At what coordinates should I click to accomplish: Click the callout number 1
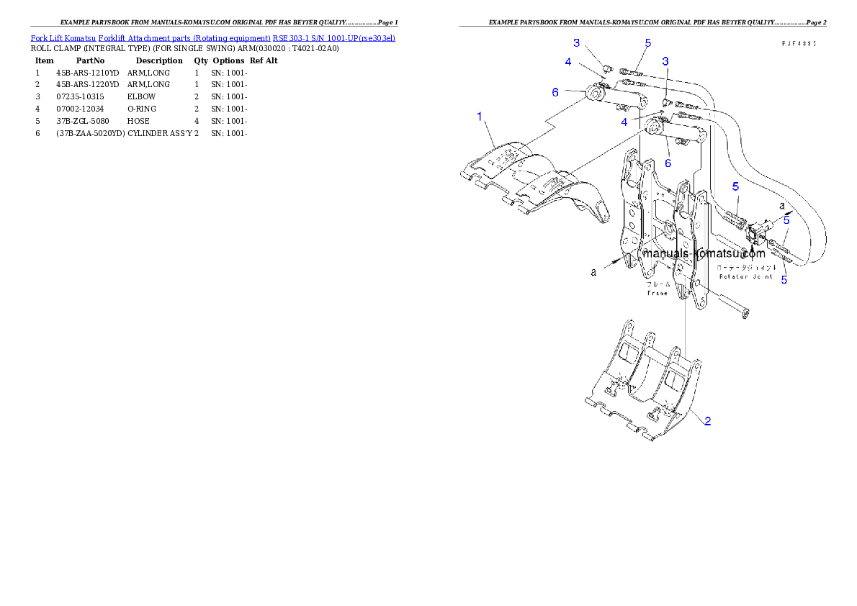480,117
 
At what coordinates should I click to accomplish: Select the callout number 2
707,421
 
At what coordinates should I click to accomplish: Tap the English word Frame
657,293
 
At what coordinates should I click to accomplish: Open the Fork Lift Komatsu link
63,37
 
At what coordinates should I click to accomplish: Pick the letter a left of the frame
593,273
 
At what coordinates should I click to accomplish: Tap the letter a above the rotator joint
782,205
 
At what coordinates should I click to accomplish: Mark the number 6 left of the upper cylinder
555,92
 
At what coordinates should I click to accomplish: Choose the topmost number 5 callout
647,43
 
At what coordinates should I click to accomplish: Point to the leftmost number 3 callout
576,43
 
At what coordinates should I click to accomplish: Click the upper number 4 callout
568,63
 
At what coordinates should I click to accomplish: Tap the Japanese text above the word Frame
657,284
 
